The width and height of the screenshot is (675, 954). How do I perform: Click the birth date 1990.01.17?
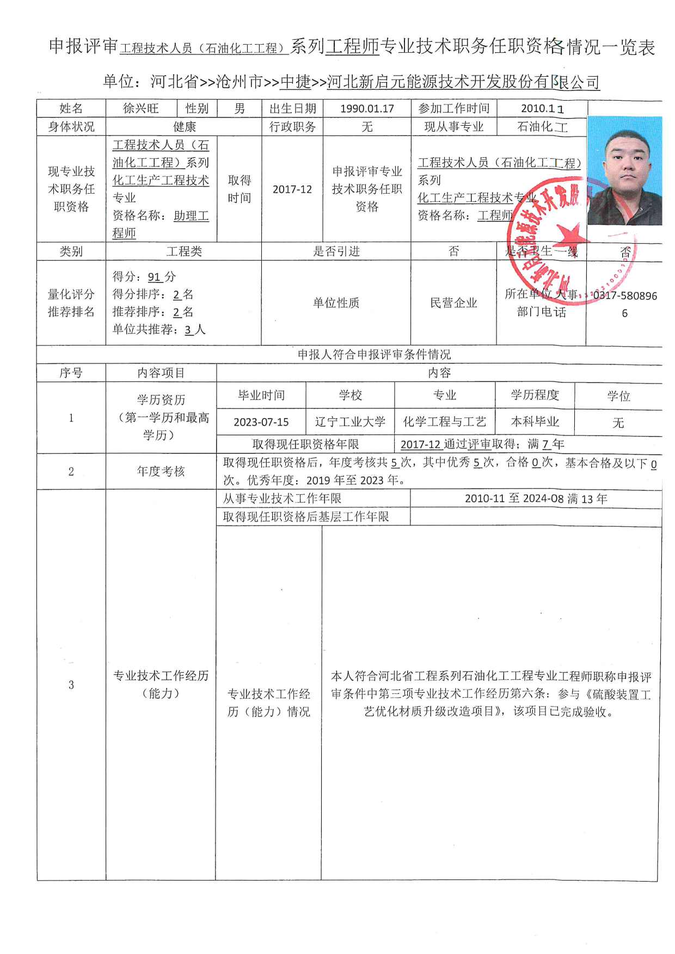tap(367, 109)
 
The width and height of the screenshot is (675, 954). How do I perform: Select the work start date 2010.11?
tap(542, 109)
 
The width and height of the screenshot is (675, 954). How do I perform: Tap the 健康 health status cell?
tap(184, 127)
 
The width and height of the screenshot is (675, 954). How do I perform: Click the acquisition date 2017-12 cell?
tap(292, 189)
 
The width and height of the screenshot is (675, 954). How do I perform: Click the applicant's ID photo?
tap(624, 170)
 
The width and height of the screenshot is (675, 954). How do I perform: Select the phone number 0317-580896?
tap(624, 296)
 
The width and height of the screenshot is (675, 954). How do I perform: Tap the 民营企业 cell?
tap(453, 303)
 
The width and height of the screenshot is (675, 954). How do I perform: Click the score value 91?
tap(155, 277)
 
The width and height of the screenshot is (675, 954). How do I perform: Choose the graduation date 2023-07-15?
tap(261, 422)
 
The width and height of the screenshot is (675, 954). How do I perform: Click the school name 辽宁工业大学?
tap(350, 422)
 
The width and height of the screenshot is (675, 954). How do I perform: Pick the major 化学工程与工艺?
tap(444, 422)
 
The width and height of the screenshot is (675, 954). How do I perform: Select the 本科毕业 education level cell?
tap(535, 422)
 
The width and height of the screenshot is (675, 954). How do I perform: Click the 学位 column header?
tap(618, 396)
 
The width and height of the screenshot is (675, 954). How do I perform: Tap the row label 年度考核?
tap(161, 471)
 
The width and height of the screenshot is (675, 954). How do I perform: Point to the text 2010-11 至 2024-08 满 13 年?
tap(536, 499)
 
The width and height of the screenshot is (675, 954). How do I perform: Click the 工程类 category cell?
tap(184, 251)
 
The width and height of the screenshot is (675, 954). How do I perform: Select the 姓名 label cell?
tap(71, 109)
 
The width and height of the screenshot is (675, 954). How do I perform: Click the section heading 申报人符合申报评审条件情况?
tap(374, 355)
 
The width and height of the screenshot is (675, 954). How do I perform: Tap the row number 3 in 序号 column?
tap(71, 685)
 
